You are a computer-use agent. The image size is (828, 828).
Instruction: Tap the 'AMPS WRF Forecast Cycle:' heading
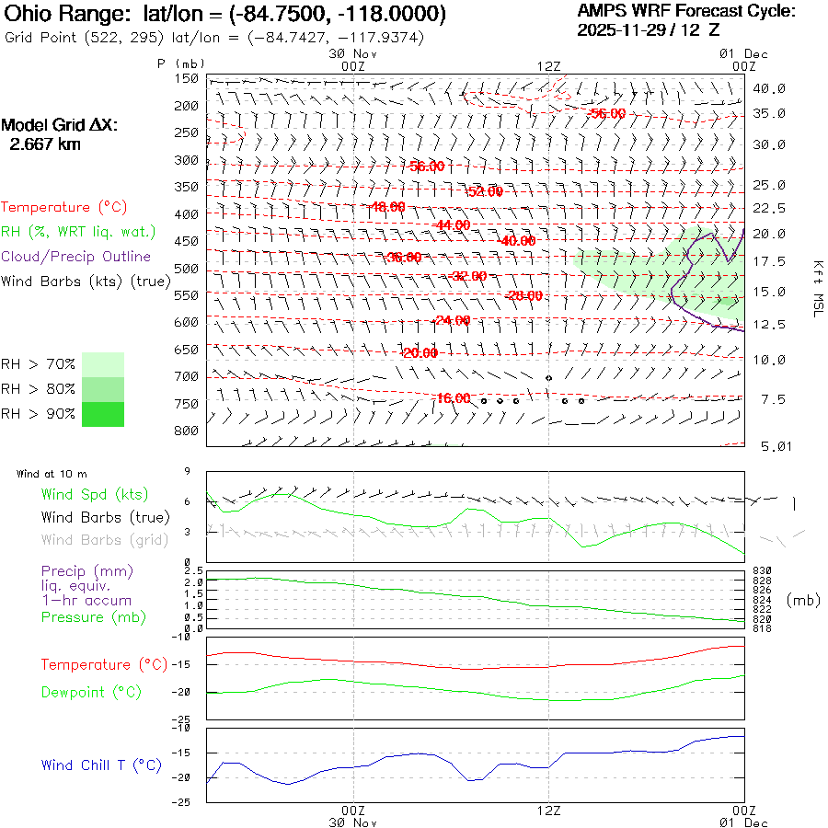(685, 11)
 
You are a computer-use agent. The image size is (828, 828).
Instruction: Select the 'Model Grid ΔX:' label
(60, 125)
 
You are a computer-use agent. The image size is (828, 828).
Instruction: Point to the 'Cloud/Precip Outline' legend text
(76, 256)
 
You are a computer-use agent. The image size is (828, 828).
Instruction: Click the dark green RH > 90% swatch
(103, 414)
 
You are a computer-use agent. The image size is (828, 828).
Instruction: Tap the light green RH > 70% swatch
(103, 364)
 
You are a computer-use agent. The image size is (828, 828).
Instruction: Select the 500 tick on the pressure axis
(187, 268)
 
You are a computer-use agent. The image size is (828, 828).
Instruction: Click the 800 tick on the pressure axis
(187, 430)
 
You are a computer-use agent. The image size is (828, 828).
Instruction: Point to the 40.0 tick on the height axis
(769, 88)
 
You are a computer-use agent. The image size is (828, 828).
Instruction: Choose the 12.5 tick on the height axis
(769, 324)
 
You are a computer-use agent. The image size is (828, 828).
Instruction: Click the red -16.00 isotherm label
(453, 397)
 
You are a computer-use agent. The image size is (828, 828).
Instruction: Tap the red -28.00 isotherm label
(524, 295)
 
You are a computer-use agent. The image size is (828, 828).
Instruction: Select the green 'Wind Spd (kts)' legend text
(95, 495)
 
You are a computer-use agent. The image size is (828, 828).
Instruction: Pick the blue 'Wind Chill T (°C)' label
(101, 765)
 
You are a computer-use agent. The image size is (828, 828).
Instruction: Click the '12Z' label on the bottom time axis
(548, 811)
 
